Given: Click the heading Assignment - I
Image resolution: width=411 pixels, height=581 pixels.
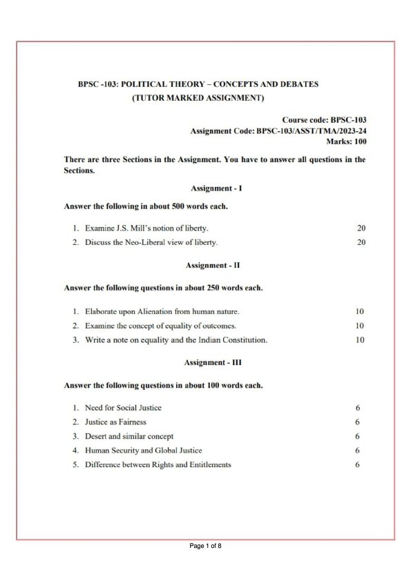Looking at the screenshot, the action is (216, 188).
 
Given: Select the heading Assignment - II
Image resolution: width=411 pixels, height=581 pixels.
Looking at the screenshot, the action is (213, 265).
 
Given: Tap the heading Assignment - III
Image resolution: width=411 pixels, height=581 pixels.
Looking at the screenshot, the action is (213, 362).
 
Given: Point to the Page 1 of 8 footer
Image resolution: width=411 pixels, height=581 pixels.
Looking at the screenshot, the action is (205, 546).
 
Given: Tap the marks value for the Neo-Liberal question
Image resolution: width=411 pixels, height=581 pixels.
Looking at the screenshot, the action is (361, 242).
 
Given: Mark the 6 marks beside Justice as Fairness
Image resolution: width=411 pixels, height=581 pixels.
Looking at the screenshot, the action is (357, 422).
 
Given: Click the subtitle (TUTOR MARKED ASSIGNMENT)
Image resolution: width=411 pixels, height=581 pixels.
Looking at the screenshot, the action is (198, 98).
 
